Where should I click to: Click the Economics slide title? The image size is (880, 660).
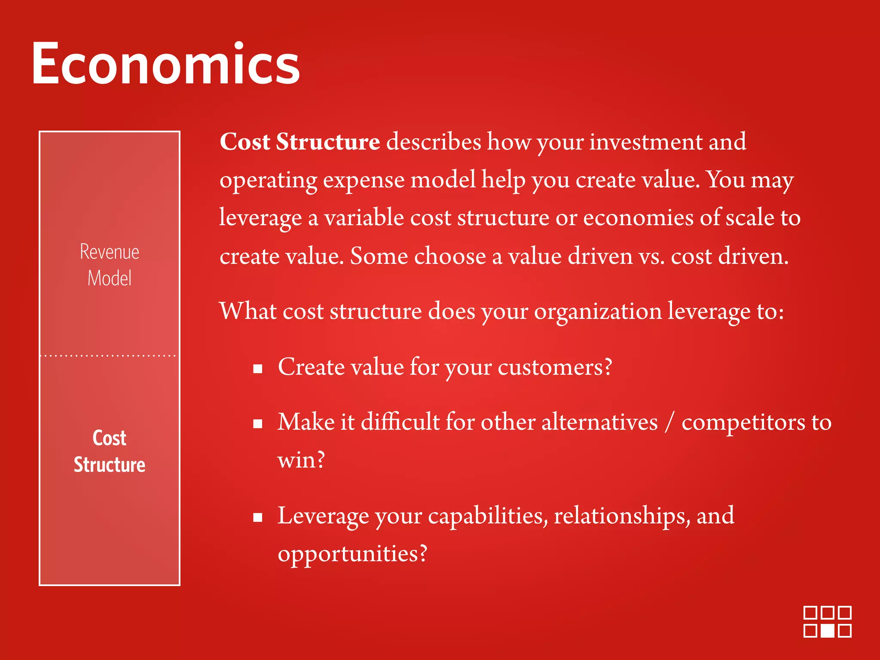165,64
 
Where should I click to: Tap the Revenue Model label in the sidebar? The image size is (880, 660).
110,265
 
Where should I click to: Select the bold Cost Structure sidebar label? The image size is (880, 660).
110,451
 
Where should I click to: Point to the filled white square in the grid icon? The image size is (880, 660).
828,631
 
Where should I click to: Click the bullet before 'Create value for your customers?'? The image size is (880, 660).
258,369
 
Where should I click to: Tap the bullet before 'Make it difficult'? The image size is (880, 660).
258,424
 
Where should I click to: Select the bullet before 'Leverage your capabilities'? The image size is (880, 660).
258,517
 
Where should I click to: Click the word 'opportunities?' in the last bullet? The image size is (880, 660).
352,553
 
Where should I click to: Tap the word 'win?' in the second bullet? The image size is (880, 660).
301,460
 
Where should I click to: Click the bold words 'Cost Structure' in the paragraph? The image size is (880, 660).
299,142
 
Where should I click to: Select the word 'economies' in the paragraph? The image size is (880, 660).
638,218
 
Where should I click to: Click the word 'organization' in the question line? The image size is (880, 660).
597,312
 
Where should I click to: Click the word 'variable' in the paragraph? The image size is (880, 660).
364,218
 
